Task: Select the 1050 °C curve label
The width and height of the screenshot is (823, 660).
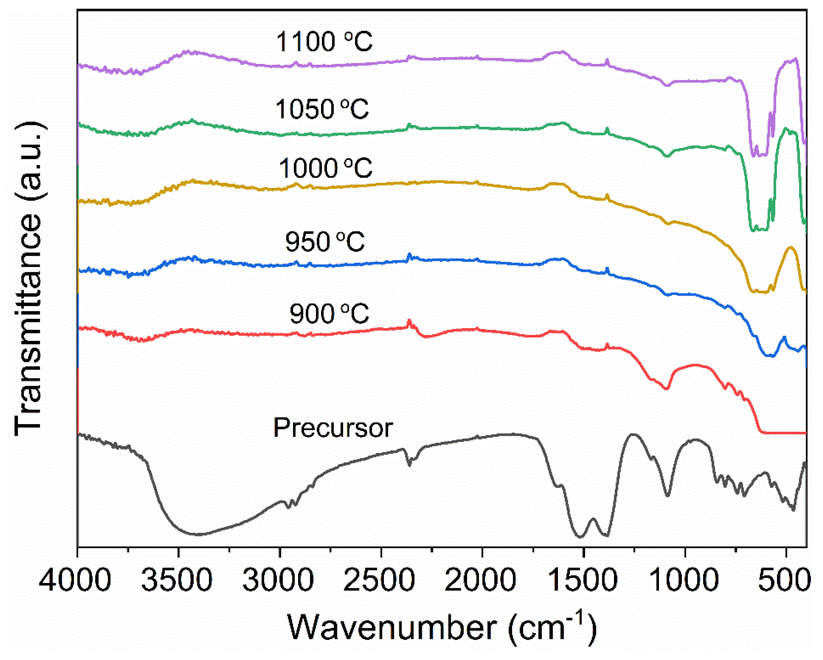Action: point(322,109)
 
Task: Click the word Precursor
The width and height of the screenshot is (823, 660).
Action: point(333,428)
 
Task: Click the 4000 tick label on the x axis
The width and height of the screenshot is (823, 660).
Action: point(75,579)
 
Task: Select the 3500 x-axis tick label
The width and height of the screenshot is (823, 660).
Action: point(176,579)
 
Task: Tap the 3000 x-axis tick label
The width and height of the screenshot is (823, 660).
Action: point(278,579)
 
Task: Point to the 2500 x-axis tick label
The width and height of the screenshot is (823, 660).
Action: point(379,579)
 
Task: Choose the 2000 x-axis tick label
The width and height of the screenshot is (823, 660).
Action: point(480,579)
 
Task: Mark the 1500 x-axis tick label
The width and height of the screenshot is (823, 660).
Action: point(582,579)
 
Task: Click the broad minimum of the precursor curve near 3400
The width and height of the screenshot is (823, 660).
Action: point(198,534)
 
